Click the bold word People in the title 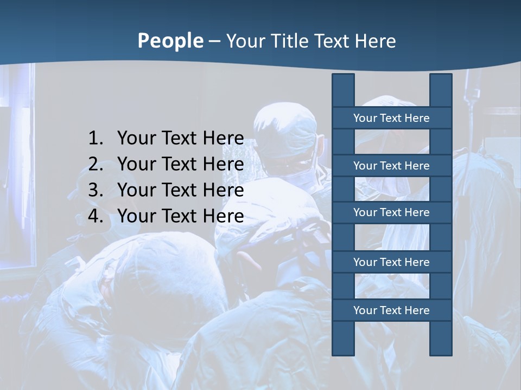pos(170,41)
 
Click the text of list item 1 pos(180,139)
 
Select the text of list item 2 pos(180,164)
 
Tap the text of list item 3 pos(180,190)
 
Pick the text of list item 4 pos(180,216)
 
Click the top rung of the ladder pos(391,118)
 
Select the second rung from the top pos(391,166)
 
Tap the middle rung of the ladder pos(391,212)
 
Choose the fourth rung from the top pos(391,262)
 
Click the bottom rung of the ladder pos(391,310)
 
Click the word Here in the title pos(375,41)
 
